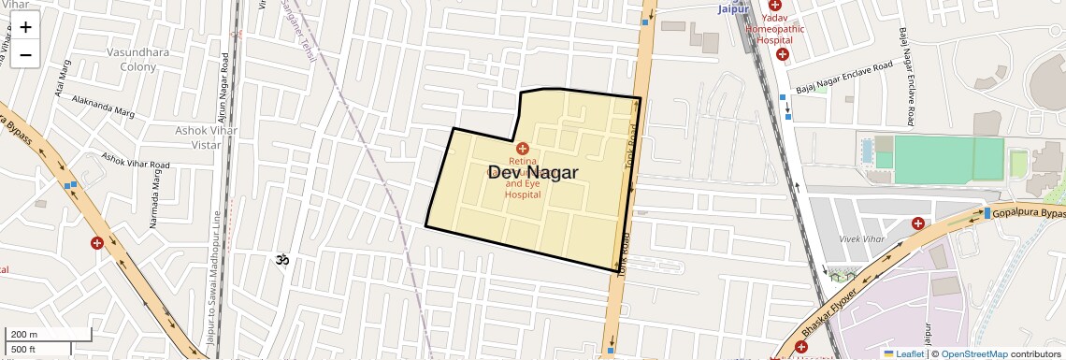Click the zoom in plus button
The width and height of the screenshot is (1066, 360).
point(25,27)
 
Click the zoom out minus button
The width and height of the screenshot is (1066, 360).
point(25,55)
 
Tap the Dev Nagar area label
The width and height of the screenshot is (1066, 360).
point(532,173)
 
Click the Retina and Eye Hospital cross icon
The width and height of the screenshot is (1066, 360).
point(523,149)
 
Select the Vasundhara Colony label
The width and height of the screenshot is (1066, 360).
point(137,59)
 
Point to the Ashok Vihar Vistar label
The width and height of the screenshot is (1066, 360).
point(204,137)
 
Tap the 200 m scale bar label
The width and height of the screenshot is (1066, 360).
point(24,334)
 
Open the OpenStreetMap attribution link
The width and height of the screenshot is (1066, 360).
point(973,353)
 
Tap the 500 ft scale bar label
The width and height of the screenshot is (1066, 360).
point(24,350)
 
